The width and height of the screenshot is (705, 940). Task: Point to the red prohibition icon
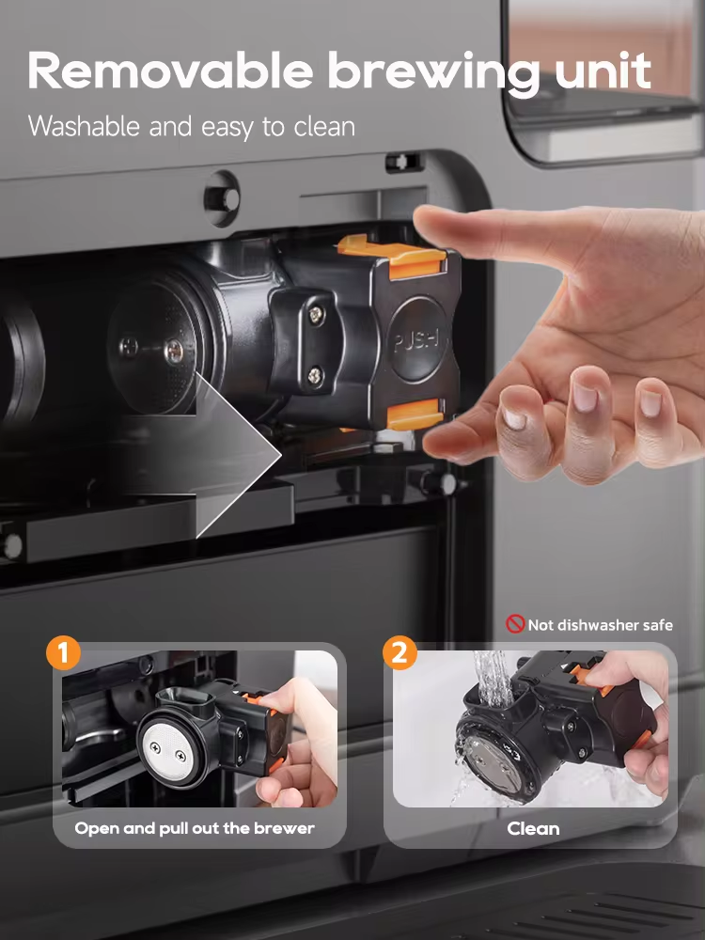[515, 624]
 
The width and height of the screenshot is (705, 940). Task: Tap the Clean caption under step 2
[533, 828]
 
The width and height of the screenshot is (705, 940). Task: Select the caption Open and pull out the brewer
[195, 828]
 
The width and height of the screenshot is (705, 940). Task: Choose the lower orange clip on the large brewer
[414, 414]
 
